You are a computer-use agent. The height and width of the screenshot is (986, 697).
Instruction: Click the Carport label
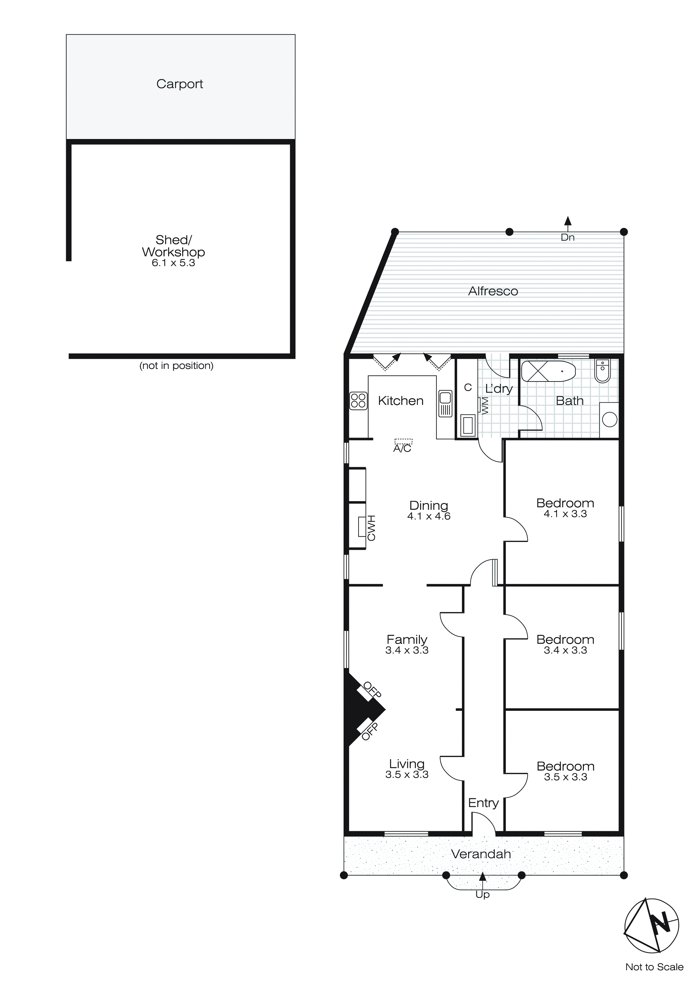tap(179, 84)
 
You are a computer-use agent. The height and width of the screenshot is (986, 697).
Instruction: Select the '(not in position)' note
tap(176, 366)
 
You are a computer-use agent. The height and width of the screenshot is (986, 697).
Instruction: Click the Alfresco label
tap(493, 291)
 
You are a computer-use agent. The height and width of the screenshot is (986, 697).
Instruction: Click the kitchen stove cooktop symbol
tap(358, 401)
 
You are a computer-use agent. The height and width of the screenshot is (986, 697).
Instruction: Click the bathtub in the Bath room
tap(548, 371)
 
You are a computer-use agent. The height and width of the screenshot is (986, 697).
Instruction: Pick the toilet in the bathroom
tap(603, 370)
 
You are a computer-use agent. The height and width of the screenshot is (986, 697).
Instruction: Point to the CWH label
tap(371, 528)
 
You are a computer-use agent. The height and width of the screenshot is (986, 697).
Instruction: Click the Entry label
tap(483, 803)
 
